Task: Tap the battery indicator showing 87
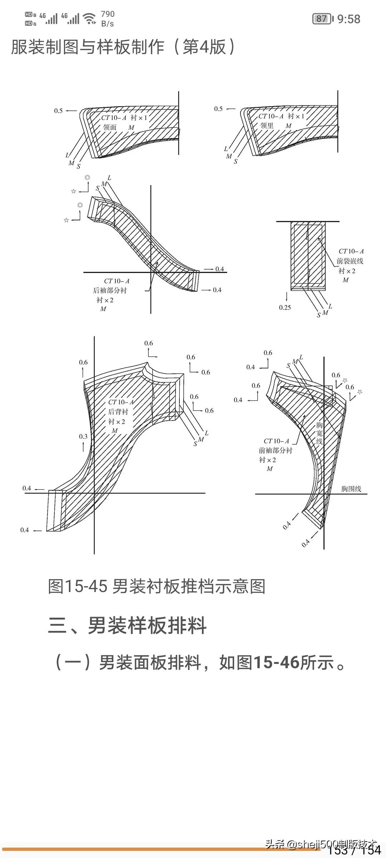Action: (322, 19)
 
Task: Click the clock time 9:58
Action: (348, 19)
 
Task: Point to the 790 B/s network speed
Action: (108, 19)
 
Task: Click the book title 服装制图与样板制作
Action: (88, 47)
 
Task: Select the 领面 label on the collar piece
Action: (110, 127)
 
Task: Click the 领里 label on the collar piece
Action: (267, 125)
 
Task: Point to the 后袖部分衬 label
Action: (110, 290)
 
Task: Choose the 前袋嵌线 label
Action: (350, 261)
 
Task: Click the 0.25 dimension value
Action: (285, 307)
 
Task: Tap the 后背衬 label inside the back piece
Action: (118, 412)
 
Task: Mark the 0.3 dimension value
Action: (83, 437)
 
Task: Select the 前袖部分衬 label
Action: (275, 450)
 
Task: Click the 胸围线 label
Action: (351, 489)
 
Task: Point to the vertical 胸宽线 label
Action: (319, 433)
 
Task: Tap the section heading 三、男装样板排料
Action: (127, 625)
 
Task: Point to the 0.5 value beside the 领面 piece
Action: (58, 111)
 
